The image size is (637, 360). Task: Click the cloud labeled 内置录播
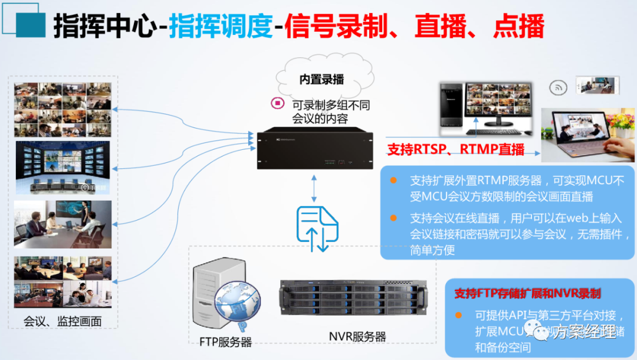[321, 78]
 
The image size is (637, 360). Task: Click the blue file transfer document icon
[317, 228]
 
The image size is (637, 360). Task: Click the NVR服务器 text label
[357, 337]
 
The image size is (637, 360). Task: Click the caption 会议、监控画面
[63, 322]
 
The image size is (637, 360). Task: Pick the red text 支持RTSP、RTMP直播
[456, 149]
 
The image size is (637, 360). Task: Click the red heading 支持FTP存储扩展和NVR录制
[527, 293]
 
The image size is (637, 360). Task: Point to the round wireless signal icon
[557, 88]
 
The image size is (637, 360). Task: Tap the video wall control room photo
[63, 168]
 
